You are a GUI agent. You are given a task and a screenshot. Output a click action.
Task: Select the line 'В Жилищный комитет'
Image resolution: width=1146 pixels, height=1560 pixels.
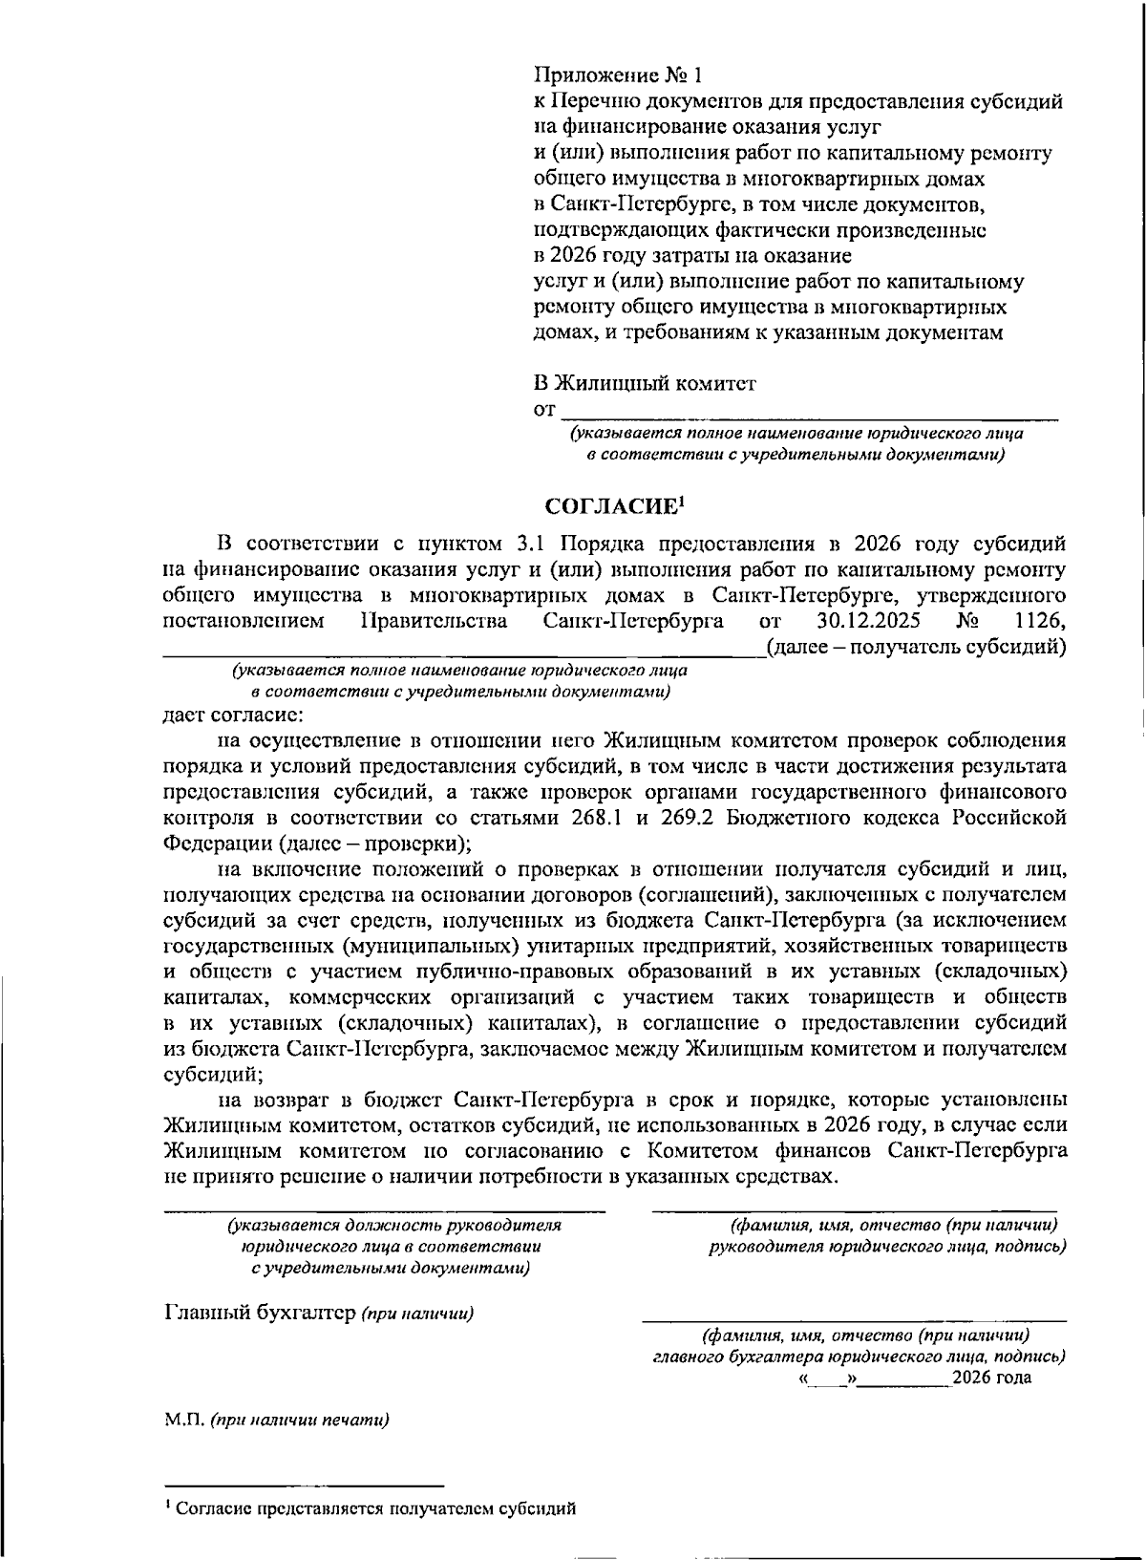[x=645, y=383]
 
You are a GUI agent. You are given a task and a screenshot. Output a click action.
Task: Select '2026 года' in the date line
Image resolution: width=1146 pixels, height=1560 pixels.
[x=993, y=1378]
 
